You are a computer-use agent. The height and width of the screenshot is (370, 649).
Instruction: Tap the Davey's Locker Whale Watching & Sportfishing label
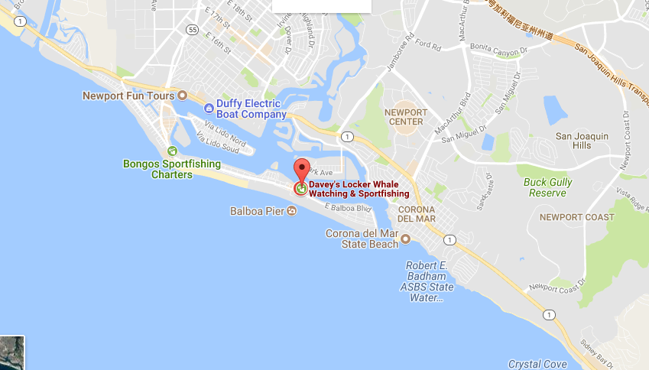pos(359,189)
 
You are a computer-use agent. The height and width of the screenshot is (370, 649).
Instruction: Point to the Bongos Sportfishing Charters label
pos(172,169)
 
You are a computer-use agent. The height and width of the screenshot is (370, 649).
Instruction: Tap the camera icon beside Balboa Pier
pos(291,211)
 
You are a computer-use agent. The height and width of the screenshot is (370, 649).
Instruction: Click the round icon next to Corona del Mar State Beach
pos(406,239)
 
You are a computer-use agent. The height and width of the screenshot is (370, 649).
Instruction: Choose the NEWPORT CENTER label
pos(406,116)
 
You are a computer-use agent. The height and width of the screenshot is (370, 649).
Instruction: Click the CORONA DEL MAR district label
pos(416,214)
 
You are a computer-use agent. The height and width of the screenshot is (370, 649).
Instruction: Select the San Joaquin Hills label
pos(582,141)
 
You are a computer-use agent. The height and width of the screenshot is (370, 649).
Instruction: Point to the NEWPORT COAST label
pos(576,217)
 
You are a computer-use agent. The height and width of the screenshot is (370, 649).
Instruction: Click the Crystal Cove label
pos(536,364)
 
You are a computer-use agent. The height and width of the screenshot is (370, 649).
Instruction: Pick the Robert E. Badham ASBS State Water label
pos(429,281)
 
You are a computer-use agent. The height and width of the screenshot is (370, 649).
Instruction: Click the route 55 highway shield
pos(193,31)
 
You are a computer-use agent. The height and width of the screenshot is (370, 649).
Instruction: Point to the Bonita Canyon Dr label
pos(498,50)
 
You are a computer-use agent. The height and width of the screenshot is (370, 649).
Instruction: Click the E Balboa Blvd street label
pos(348,207)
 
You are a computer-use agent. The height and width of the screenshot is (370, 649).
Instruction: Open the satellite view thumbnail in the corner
pos(12,353)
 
